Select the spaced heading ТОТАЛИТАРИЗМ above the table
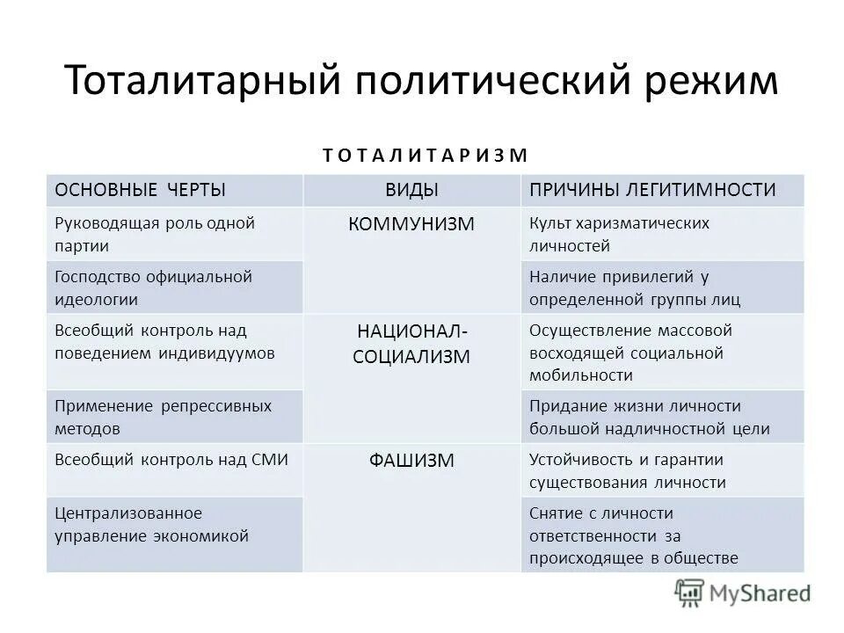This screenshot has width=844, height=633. [425, 156]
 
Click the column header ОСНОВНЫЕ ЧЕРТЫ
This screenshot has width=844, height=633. [141, 190]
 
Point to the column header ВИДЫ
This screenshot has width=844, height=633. [411, 190]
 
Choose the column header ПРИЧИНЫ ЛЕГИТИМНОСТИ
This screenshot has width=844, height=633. [651, 190]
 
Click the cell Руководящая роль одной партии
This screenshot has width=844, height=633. [155, 234]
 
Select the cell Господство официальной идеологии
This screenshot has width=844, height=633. [153, 287]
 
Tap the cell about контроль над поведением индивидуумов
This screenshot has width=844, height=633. [164, 342]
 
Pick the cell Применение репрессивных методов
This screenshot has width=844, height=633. [163, 417]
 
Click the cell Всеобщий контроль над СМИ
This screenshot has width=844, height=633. [171, 459]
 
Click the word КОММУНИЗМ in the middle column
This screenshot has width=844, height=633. [411, 224]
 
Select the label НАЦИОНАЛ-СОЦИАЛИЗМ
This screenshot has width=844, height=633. [411, 344]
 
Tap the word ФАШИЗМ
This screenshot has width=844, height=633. [411, 460]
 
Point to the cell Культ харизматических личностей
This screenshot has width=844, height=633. [619, 234]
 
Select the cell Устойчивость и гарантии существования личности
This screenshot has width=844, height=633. [627, 470]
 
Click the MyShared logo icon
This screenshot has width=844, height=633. [691, 593]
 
